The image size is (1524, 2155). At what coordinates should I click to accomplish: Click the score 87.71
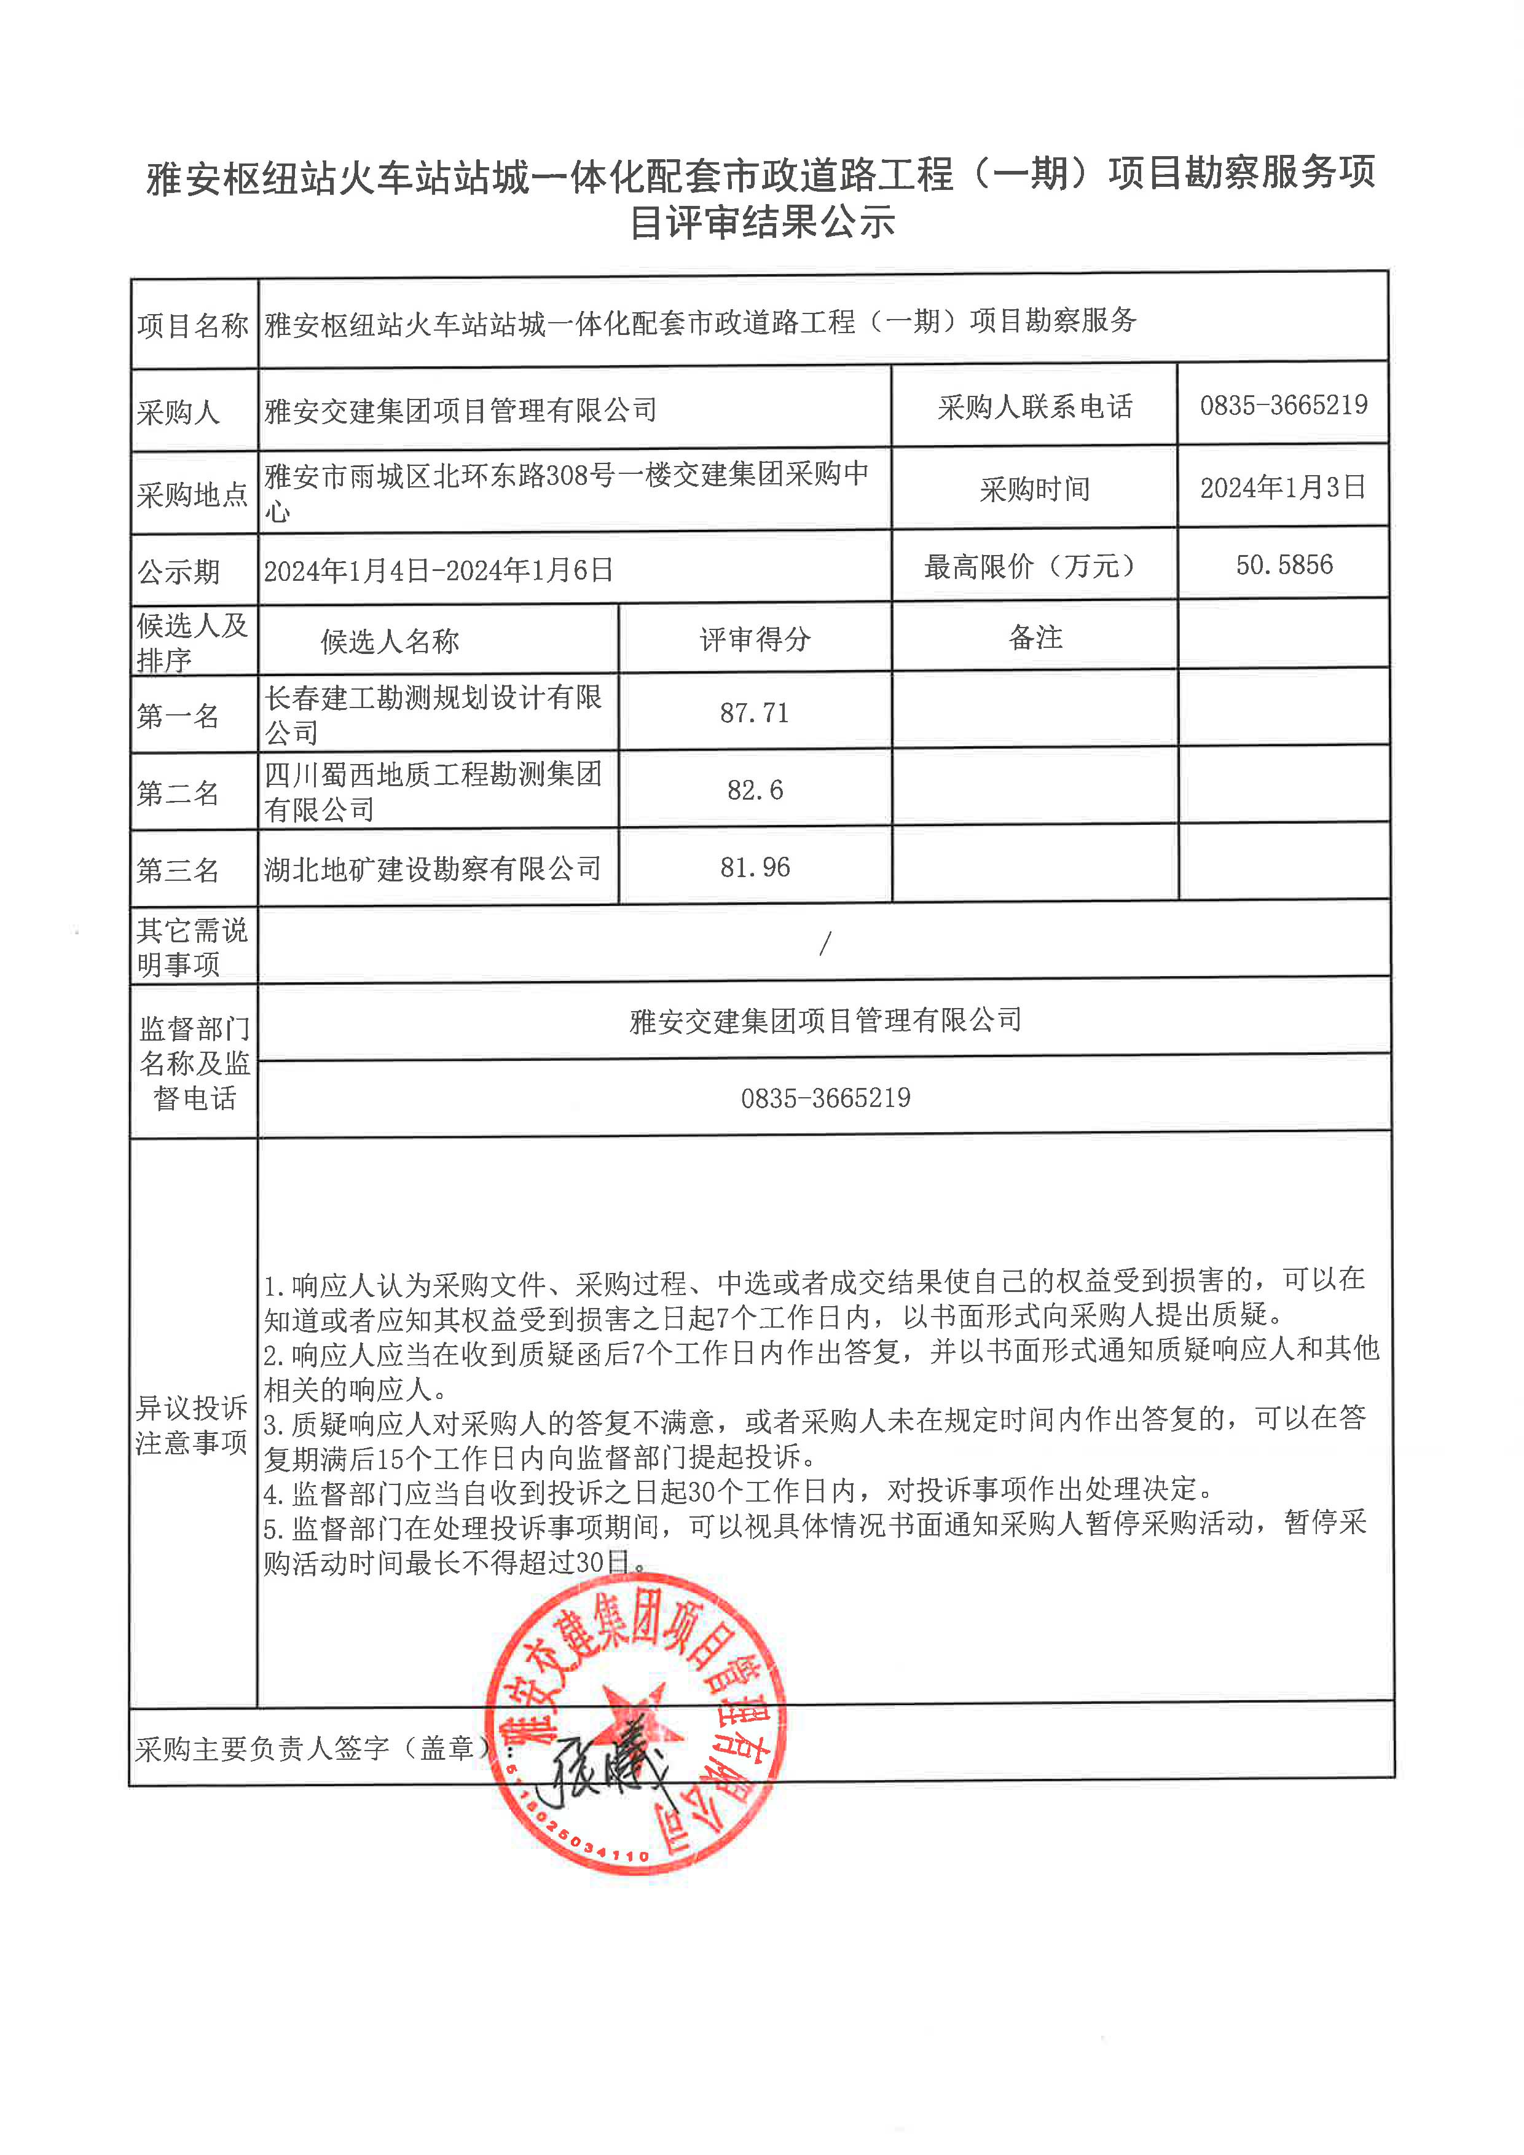755,714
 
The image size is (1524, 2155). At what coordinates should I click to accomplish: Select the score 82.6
755,790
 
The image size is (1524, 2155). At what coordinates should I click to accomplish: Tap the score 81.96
755,867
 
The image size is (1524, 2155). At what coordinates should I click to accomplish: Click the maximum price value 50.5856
1284,565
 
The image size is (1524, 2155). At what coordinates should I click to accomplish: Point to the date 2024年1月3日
1283,487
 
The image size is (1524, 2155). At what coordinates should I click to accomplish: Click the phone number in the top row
1283,406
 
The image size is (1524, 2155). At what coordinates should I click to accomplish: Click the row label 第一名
178,716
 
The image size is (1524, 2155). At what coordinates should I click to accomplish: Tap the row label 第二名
178,793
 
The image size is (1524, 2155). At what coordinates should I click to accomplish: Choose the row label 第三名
178,870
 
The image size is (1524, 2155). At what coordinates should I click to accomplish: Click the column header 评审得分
755,639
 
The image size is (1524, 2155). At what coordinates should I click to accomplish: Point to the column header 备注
1035,638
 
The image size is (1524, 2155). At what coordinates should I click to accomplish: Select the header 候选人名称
390,641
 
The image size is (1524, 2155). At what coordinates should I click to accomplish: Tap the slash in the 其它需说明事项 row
825,944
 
